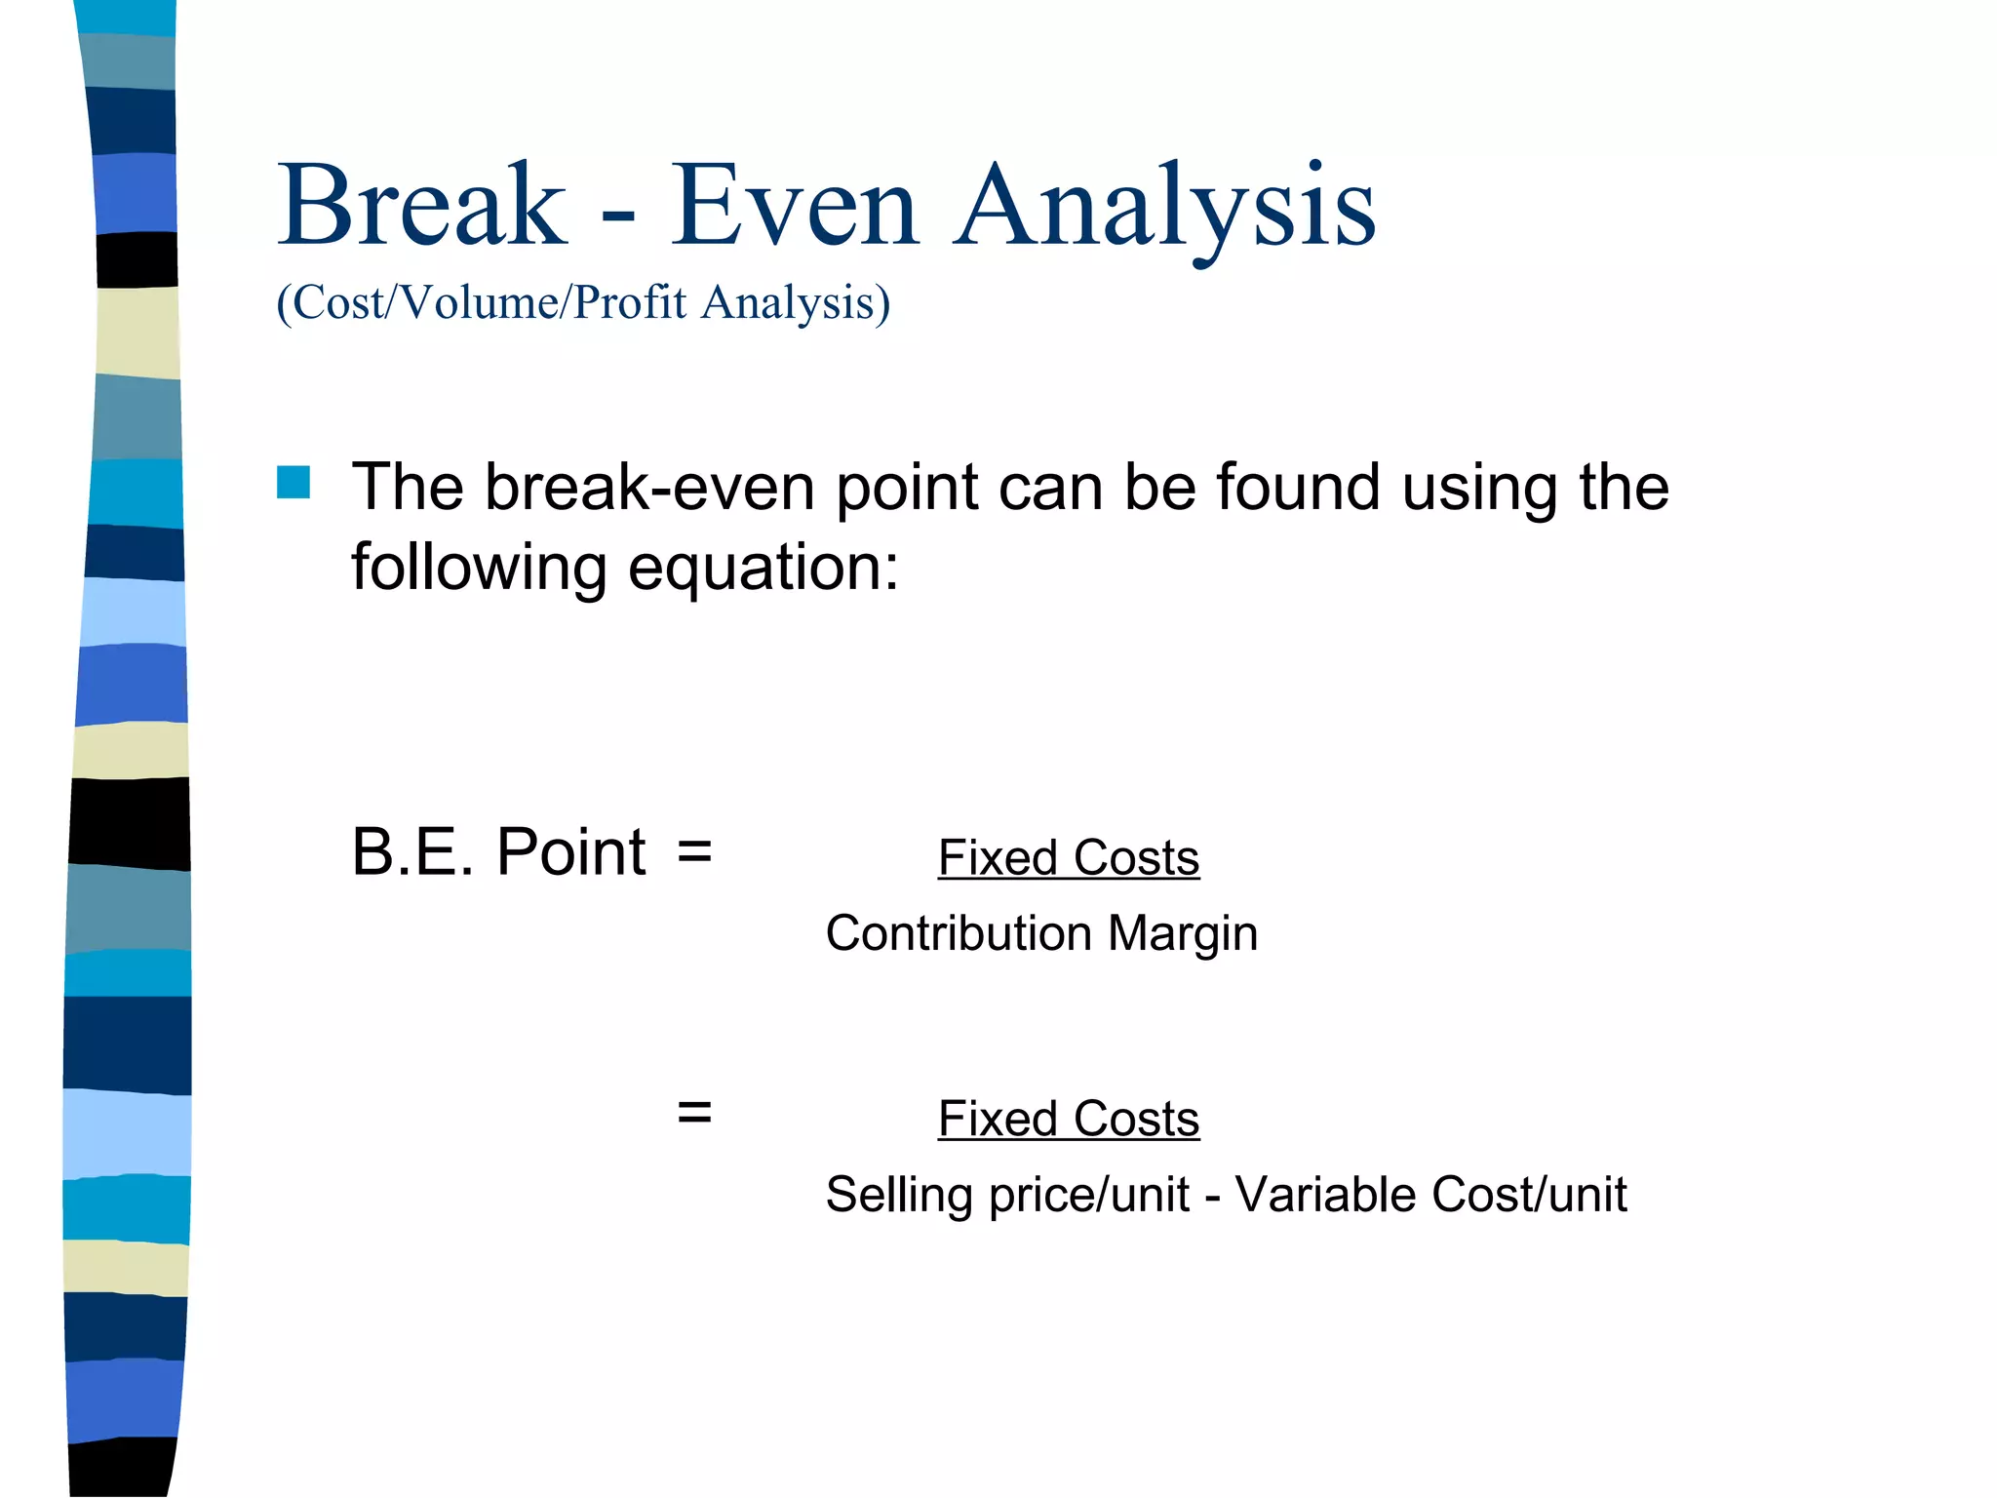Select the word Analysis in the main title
click(x=1165, y=207)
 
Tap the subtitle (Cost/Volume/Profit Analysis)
click(x=583, y=302)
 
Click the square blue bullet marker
click(x=294, y=482)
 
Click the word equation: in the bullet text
click(x=763, y=568)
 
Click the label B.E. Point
click(x=498, y=851)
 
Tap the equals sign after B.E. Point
click(x=694, y=851)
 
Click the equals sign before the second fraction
click(x=694, y=1112)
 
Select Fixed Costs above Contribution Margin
click(x=1068, y=858)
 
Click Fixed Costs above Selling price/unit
click(x=1068, y=1119)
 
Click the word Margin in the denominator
click(x=1183, y=933)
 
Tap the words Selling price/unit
click(x=1007, y=1195)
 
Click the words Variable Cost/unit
click(x=1430, y=1195)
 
